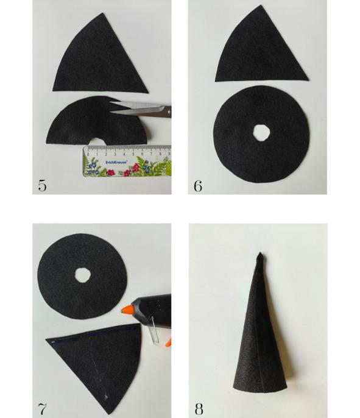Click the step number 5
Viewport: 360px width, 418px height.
42,185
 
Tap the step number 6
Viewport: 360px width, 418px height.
198,186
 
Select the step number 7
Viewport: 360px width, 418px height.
42,408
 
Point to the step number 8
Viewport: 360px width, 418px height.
199,409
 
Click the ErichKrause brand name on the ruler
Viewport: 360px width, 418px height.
116,162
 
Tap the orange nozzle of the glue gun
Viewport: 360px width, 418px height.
127,310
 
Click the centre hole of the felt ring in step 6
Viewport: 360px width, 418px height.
261,132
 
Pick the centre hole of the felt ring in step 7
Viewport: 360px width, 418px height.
83,275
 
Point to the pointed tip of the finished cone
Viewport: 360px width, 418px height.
260,253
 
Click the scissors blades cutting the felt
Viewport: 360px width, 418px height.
136,108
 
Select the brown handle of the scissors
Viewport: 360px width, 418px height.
167,112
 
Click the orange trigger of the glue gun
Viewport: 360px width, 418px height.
168,342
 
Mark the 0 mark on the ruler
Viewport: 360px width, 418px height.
88,154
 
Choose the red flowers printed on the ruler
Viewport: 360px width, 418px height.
135,168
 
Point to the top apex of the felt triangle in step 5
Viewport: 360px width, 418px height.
102,13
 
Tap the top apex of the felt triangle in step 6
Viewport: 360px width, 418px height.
259,5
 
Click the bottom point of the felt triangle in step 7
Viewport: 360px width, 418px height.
108,413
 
